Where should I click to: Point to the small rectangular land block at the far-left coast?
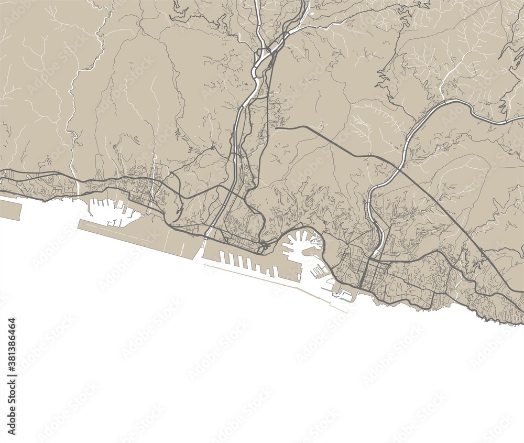9,209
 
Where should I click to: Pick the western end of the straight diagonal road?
276,127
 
